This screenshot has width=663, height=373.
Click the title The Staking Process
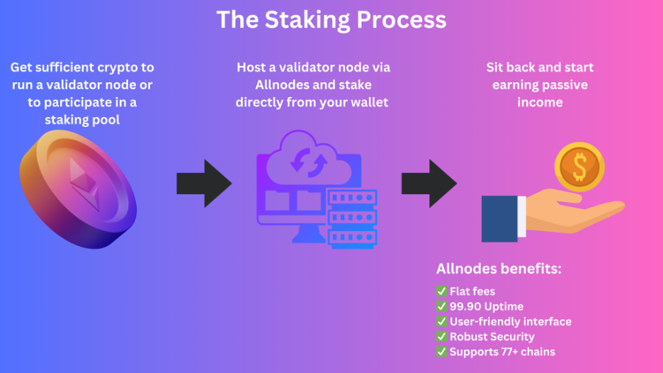point(331,20)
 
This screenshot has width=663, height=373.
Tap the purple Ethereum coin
point(78,189)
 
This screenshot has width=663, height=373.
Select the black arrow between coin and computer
point(204,184)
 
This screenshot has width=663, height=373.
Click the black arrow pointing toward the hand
point(429,184)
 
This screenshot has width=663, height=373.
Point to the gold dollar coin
point(579,167)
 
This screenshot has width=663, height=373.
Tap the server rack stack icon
point(353,218)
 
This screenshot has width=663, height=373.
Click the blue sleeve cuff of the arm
point(499,219)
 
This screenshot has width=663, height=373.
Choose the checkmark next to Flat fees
point(441,291)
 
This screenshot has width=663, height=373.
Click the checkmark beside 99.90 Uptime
point(441,306)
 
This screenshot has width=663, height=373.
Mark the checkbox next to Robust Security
point(441,337)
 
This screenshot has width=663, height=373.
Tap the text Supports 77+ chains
point(502,352)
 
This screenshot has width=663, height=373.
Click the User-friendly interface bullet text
point(511,321)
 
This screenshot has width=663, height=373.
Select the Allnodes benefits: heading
point(499,269)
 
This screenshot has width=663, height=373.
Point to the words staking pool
point(82,120)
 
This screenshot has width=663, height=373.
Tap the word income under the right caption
point(540,102)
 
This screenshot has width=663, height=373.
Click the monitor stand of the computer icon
point(309,233)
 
